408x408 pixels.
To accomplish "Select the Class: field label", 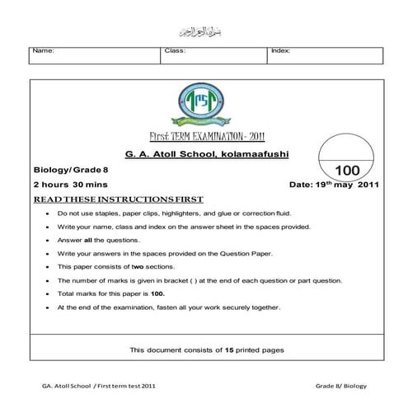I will (176, 50).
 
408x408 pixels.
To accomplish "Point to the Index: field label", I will (281, 50).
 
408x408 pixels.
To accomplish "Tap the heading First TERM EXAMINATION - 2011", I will (204, 137).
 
